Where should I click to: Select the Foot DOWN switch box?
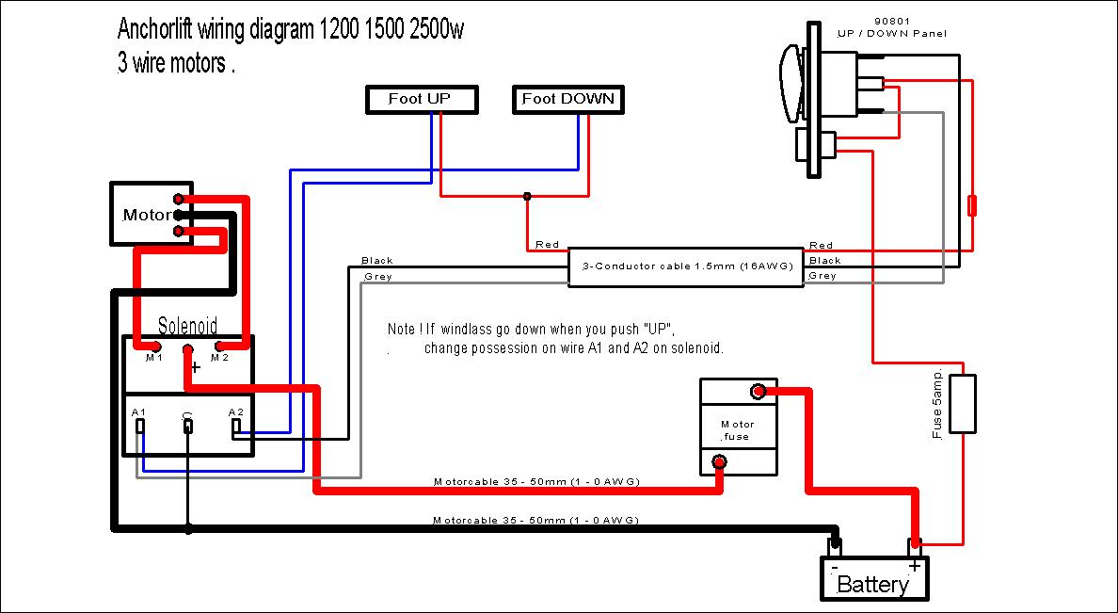[568, 99]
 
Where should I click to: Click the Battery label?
[872, 584]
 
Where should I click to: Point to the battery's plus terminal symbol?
[913, 566]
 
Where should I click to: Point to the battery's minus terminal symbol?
[834, 566]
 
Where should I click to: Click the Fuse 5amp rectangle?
[962, 404]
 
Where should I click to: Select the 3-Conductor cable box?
[685, 267]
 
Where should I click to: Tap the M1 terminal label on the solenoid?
[154, 358]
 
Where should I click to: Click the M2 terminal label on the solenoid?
[219, 358]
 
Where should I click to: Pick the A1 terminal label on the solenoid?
[138, 413]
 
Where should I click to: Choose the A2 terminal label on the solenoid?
[236, 413]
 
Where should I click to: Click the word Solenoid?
[187, 326]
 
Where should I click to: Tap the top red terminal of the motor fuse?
[757, 392]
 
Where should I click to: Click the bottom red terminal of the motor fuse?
[720, 461]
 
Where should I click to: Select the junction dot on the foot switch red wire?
[527, 197]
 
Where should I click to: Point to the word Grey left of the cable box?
[377, 277]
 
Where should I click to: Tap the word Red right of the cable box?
[821, 246]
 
